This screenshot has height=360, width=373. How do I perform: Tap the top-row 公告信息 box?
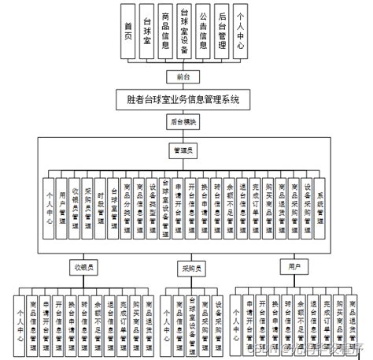point(203,32)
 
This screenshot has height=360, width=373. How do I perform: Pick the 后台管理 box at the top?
point(223,32)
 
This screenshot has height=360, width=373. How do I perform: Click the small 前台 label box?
point(183,76)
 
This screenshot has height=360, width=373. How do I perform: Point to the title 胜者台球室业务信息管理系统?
point(183,101)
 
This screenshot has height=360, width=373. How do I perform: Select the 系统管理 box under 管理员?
point(319,207)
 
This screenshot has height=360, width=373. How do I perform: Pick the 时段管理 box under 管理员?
point(101,207)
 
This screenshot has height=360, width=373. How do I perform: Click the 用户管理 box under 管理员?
point(61,207)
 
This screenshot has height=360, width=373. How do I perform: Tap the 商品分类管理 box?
point(127,207)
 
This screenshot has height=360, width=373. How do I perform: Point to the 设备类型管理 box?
point(153,207)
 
